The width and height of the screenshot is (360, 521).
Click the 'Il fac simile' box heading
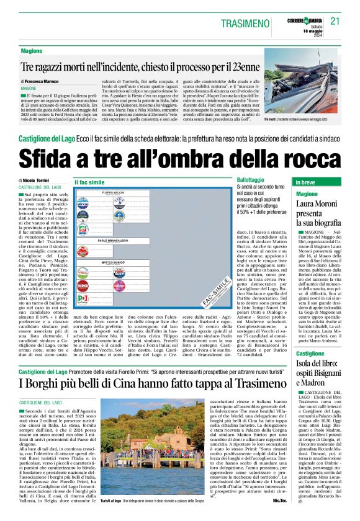point(89,183)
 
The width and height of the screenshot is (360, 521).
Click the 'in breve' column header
point(306,183)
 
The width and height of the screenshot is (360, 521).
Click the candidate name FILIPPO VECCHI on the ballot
point(113,193)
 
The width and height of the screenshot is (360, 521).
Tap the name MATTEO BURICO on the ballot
point(112,263)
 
